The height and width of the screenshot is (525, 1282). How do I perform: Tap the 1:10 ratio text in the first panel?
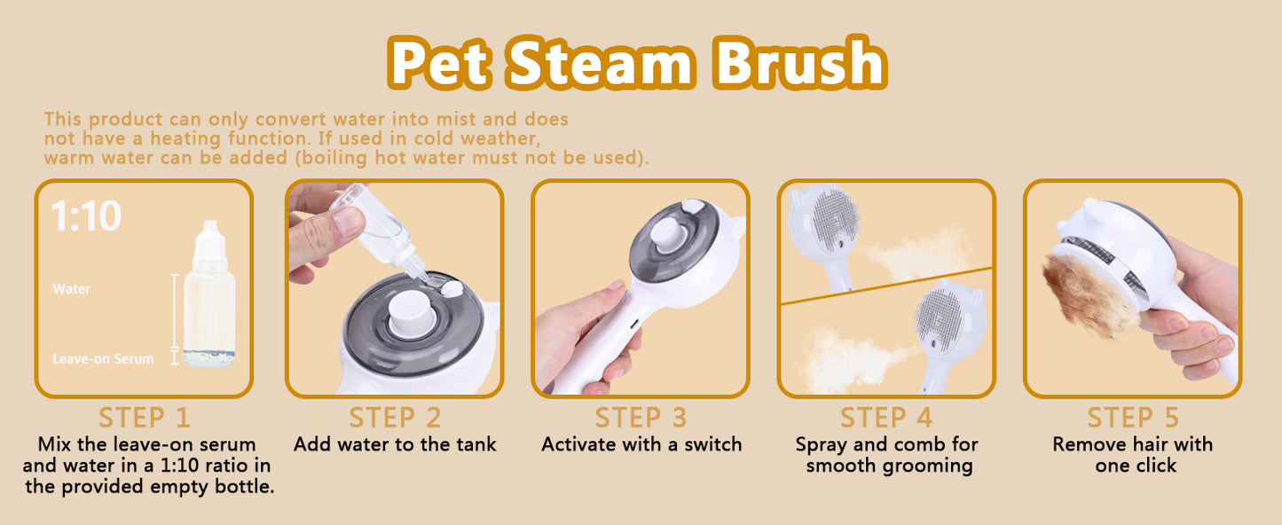click(x=86, y=216)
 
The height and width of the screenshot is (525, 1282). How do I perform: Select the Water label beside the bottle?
click(x=71, y=289)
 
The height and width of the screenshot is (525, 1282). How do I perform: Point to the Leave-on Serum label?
click(x=103, y=359)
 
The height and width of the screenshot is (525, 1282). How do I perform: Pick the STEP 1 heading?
click(x=144, y=418)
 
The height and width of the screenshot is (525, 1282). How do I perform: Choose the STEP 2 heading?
click(x=394, y=418)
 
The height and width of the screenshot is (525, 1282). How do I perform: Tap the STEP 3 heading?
click(x=641, y=418)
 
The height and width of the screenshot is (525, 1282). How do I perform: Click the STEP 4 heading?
click(x=886, y=418)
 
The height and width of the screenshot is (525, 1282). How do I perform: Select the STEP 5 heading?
click(x=1132, y=418)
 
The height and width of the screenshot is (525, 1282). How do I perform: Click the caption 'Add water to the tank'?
click(x=395, y=444)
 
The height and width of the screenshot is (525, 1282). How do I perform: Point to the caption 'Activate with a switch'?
click(x=641, y=444)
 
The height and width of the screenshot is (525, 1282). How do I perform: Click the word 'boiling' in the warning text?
click(x=485, y=159)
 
